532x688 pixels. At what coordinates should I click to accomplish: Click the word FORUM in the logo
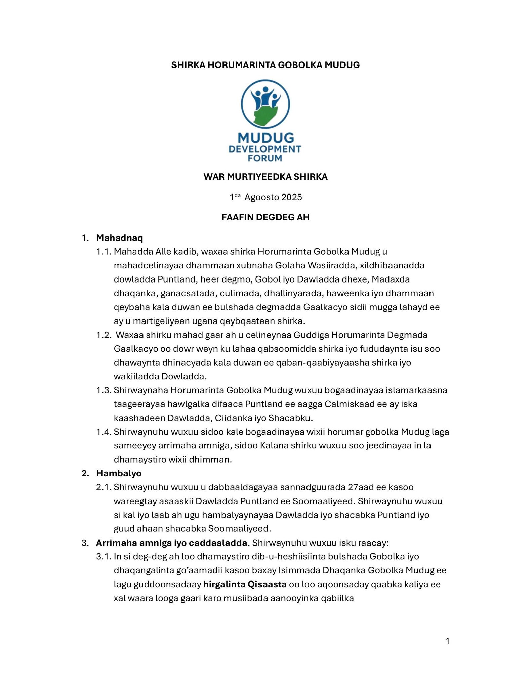click(265, 158)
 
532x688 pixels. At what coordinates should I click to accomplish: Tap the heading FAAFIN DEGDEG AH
click(265, 217)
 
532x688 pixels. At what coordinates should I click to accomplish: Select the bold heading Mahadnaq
click(120, 238)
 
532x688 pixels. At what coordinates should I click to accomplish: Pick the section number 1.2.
click(104, 335)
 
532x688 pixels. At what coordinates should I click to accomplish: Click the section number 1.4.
click(104, 432)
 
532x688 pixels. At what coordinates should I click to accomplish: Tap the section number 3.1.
click(104, 556)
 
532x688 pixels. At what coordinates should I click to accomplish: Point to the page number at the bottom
click(447, 641)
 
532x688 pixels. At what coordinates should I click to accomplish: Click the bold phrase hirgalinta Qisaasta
click(245, 584)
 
